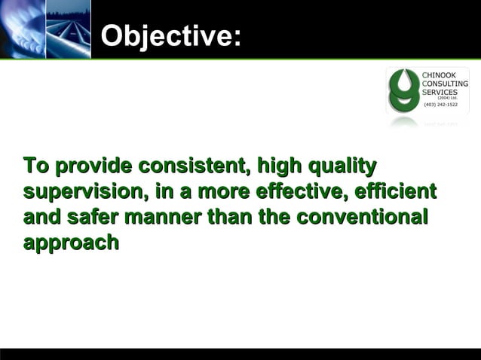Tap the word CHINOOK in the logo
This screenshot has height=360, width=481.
tap(438, 75)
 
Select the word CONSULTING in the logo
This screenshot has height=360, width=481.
tap(445, 84)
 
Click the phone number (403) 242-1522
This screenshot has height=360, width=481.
tap(440, 105)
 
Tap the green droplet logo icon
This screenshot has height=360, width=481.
tap(403, 91)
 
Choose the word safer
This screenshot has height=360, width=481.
tap(90, 218)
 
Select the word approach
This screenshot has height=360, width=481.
tap(71, 243)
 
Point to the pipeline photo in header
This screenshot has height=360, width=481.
tap(68, 29)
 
